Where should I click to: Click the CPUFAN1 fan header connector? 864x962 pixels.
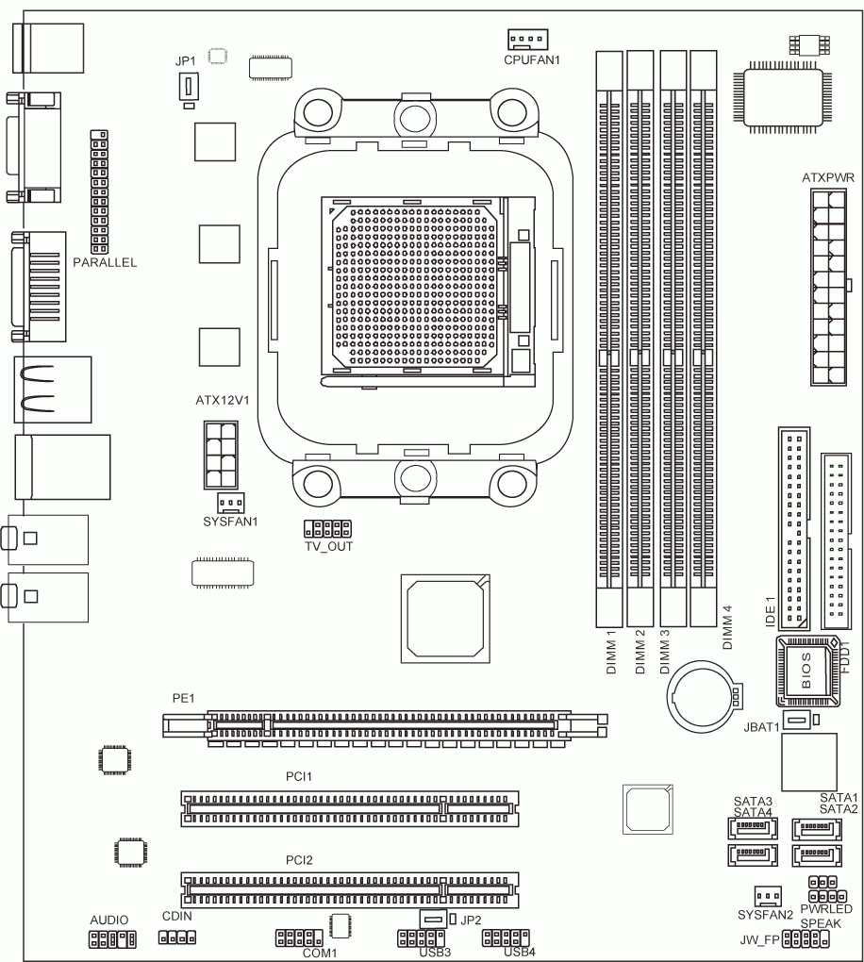(x=527, y=40)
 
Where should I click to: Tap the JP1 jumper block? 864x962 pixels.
(x=189, y=87)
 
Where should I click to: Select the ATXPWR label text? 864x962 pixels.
(x=828, y=178)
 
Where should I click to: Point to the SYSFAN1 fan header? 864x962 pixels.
(x=230, y=503)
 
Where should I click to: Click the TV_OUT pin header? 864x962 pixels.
(x=327, y=528)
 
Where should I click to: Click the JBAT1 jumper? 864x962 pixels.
(x=797, y=720)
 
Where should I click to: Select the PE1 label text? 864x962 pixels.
(x=183, y=698)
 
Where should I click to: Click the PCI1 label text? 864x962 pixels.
(x=299, y=777)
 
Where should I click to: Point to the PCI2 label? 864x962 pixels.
(x=299, y=860)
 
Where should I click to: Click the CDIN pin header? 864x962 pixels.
(x=177, y=937)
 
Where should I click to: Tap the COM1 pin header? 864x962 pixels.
(x=299, y=937)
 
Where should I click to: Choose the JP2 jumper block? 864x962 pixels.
(x=433, y=919)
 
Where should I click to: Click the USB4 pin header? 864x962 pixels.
(x=506, y=937)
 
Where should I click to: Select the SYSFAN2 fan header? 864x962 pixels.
(x=768, y=896)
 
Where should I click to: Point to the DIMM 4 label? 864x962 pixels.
(x=727, y=627)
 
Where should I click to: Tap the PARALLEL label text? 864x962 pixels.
(x=105, y=262)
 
